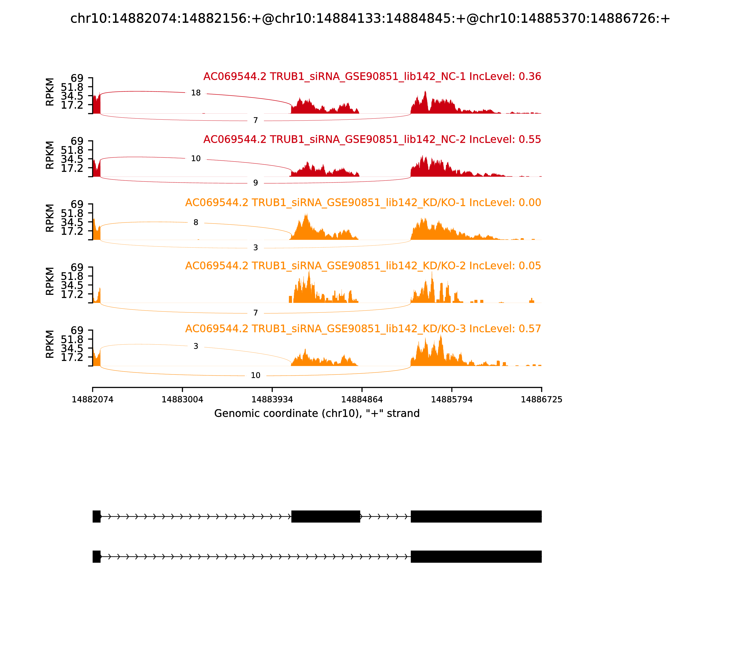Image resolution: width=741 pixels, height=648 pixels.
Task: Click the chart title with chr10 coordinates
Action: click(x=370, y=19)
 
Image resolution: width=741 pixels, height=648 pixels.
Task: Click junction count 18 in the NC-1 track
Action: click(x=196, y=93)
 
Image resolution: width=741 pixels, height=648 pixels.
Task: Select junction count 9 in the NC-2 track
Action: click(x=255, y=183)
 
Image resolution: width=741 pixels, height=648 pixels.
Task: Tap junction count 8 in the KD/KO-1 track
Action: click(x=196, y=222)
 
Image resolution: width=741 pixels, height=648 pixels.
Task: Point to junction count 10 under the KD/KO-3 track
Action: click(x=255, y=375)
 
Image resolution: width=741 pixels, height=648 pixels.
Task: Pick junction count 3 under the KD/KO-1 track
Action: click(x=255, y=248)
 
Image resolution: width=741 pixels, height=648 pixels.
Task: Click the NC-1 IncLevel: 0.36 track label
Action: click(x=372, y=77)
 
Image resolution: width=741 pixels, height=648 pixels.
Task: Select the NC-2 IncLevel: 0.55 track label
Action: click(x=372, y=140)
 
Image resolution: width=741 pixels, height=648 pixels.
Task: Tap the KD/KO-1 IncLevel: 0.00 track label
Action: click(x=363, y=202)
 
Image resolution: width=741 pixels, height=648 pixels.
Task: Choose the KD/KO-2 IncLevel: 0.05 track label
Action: click(x=363, y=266)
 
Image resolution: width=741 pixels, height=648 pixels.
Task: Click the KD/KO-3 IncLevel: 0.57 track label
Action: click(x=363, y=329)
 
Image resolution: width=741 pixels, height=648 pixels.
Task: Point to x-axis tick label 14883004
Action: click(x=182, y=400)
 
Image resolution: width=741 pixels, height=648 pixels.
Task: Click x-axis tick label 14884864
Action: click(x=362, y=400)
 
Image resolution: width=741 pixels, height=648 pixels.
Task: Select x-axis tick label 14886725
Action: click(x=541, y=400)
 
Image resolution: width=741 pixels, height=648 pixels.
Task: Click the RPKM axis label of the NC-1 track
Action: click(x=50, y=92)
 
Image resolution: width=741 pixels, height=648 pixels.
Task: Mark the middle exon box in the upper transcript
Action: click(x=326, y=516)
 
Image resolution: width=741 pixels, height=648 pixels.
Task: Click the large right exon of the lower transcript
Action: click(x=476, y=557)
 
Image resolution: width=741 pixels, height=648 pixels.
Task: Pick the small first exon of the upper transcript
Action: click(x=96, y=516)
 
